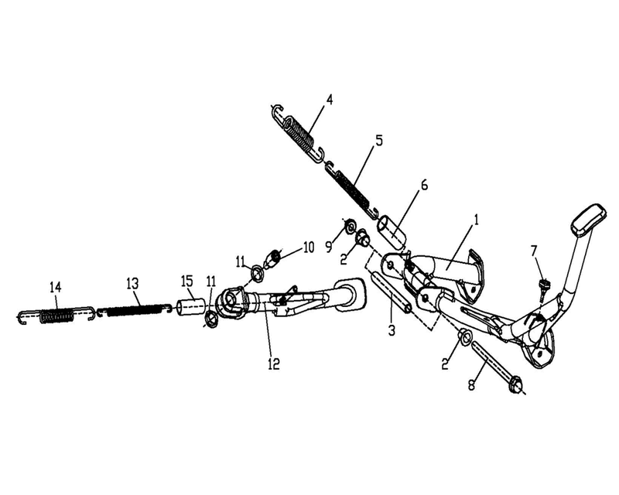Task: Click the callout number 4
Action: [328, 99]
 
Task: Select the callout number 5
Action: [378, 141]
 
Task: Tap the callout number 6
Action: [423, 185]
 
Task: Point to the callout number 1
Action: [477, 220]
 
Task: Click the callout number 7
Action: [534, 251]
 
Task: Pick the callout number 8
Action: [471, 385]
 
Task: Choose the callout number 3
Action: [392, 330]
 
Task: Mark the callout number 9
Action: [329, 247]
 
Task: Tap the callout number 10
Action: [308, 248]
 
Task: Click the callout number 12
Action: [274, 364]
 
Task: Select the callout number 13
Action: [132, 283]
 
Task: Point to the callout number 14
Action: [56, 287]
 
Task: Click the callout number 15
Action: [186, 281]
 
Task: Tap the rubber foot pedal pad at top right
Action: [588, 220]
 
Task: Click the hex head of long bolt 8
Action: [515, 386]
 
